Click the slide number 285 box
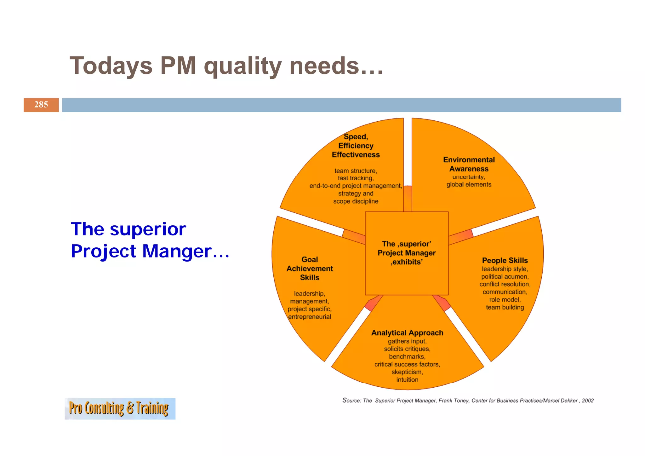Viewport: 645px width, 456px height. pos(41,105)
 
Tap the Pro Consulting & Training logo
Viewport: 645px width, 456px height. pos(120,409)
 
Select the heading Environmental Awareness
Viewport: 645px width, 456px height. pos(469,164)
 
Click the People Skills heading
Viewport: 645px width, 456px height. pos(505,260)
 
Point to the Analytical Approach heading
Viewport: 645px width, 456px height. pos(407,333)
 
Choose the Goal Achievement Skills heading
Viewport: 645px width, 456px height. pos(310,268)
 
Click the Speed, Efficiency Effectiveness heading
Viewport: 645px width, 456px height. pos(356,146)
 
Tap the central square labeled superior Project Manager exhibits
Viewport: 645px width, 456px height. pos(407,253)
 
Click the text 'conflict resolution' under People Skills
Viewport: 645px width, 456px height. pos(505,284)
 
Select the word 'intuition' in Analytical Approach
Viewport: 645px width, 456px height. pos(407,380)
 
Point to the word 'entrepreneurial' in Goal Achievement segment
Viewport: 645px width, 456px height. pos(310,317)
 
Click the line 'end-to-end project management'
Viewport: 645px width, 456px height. pos(356,186)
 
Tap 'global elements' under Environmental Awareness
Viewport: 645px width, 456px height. pos(469,185)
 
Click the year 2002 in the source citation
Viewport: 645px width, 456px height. pos(588,401)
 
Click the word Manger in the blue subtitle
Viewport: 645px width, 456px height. pos(177,251)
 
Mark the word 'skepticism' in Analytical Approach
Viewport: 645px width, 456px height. pos(407,372)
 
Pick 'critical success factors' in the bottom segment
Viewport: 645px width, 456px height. pos(407,364)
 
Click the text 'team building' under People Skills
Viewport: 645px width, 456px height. pos(505,307)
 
